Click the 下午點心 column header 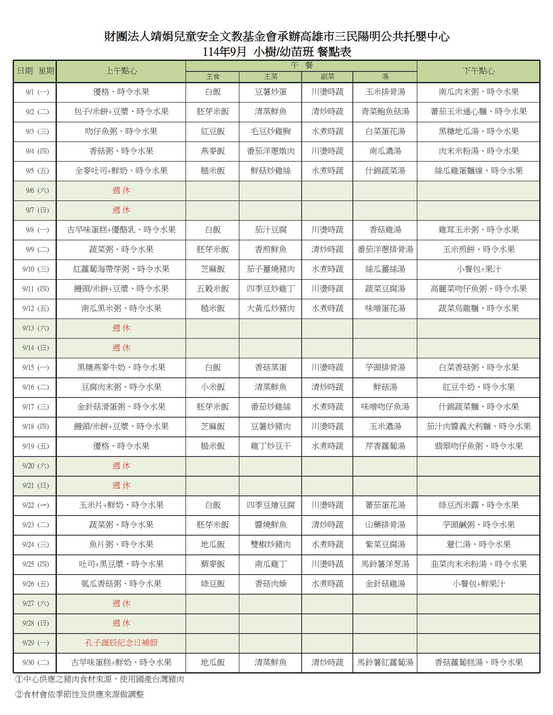[x=478, y=71]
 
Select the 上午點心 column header [x=121, y=71]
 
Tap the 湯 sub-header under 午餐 [x=385, y=77]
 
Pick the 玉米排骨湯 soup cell [x=385, y=92]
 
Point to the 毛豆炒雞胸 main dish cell [x=270, y=132]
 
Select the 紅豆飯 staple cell [x=213, y=132]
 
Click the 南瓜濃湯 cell [x=385, y=151]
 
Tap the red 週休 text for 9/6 [x=121, y=190]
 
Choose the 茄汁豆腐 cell [x=270, y=230]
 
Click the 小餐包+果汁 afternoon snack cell [x=478, y=269]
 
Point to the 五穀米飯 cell [x=213, y=289]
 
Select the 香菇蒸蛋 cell [x=270, y=367]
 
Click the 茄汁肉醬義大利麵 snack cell [x=478, y=427]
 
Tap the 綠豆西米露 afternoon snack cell [x=478, y=505]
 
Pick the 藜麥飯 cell [x=213, y=564]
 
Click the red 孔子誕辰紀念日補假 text [x=121, y=643]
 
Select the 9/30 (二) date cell [x=35, y=663]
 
